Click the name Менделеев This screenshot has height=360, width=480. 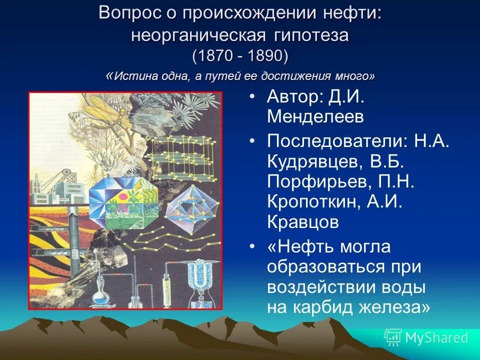(315, 116)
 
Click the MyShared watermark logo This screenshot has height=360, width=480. (425, 337)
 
